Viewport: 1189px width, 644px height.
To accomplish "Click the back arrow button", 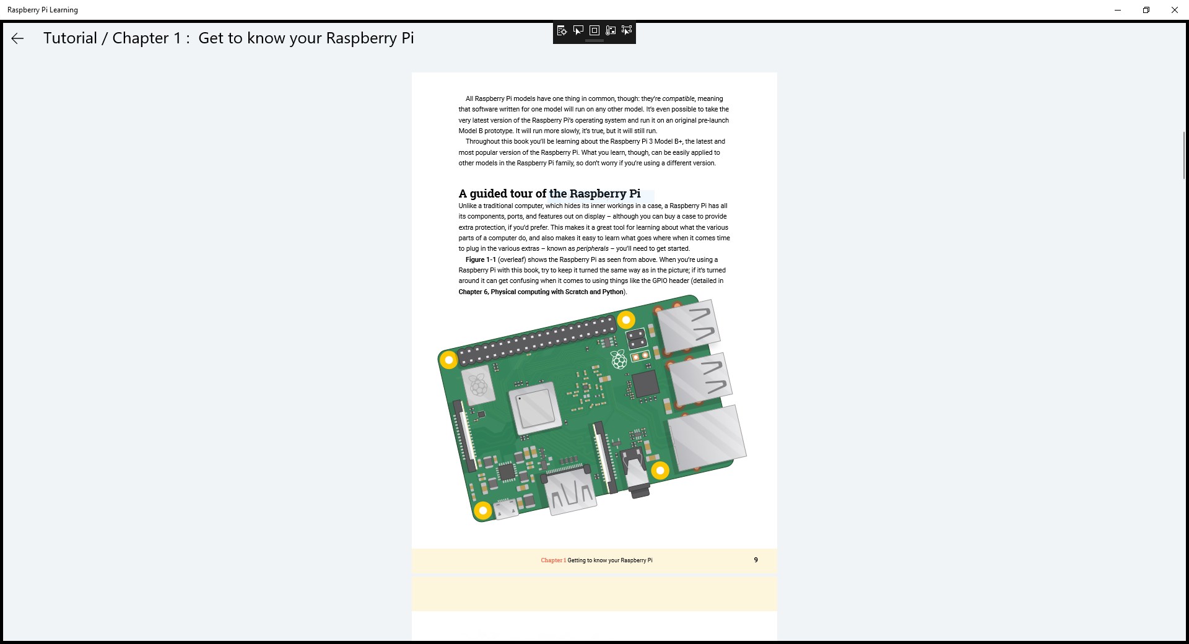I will [17, 38].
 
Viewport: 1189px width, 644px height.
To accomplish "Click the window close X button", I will [1174, 10].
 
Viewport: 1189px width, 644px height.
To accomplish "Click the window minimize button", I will [1117, 10].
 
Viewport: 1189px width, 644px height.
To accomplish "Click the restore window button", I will [1146, 10].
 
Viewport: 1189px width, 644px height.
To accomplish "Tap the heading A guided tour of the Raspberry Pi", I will [549, 194].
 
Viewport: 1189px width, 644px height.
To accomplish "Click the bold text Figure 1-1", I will [481, 259].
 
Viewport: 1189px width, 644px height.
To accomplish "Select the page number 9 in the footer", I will [756, 560].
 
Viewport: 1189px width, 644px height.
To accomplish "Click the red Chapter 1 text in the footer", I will [553, 560].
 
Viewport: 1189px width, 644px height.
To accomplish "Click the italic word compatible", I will [678, 98].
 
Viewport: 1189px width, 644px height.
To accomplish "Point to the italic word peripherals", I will [592, 249].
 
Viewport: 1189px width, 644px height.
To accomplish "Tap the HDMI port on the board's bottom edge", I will [570, 493].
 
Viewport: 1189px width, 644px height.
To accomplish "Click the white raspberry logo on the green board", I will [619, 359].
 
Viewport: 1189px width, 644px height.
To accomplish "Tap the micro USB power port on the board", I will [507, 509].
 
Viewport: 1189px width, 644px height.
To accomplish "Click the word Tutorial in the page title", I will [70, 38].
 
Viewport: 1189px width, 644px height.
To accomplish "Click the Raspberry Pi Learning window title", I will [43, 10].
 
